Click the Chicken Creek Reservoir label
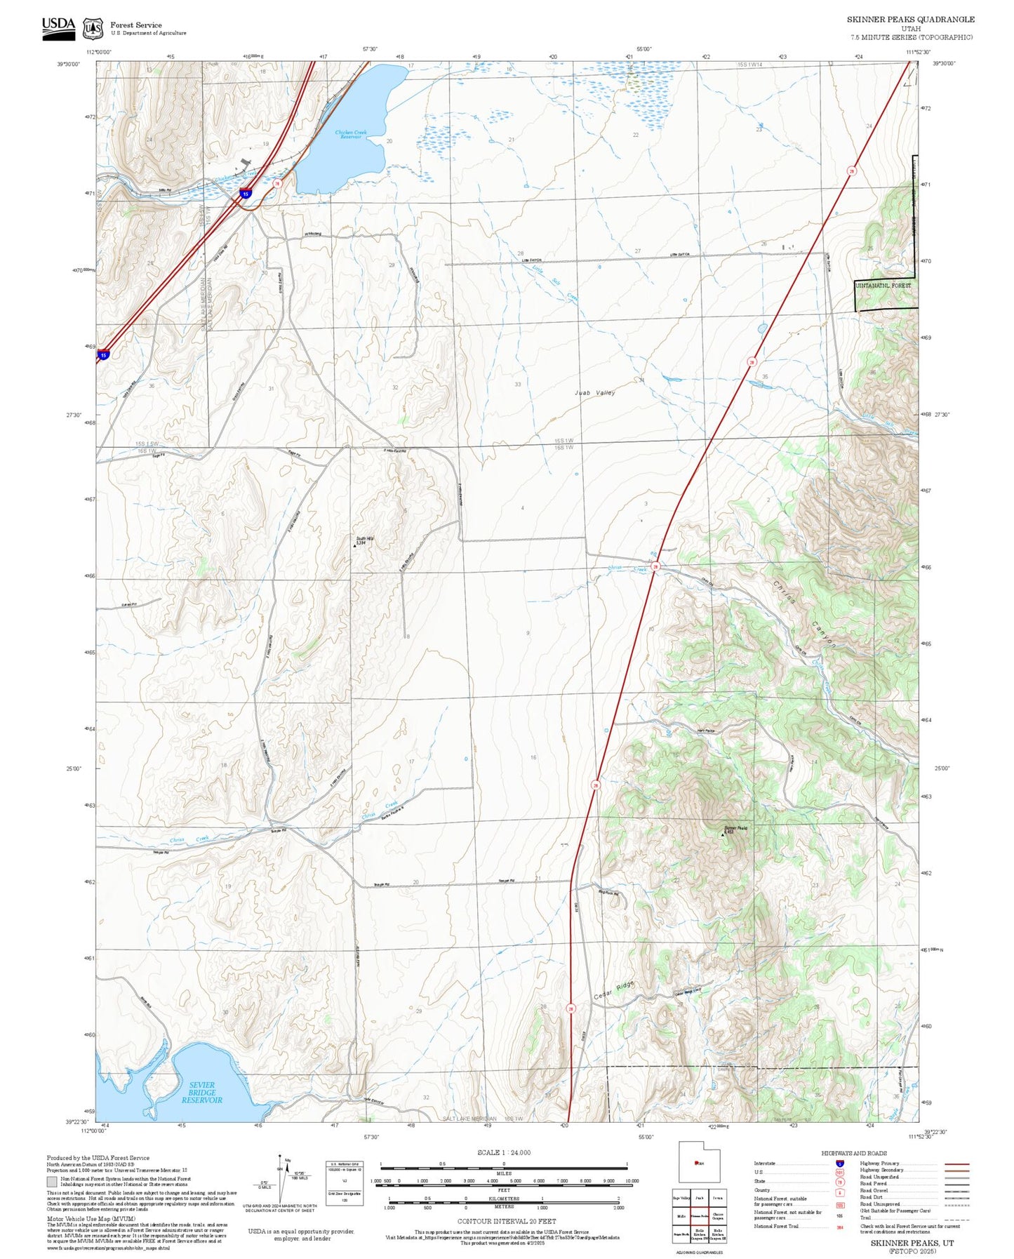[350, 135]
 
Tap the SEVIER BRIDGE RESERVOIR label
[202, 1093]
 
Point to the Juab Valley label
[594, 393]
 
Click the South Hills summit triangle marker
[354, 545]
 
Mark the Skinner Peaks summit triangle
[723, 835]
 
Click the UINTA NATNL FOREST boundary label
[883, 286]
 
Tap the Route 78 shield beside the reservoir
[277, 184]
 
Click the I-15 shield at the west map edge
[103, 356]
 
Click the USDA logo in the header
[58, 27]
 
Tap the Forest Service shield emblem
[93, 29]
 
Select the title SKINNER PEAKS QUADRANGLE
[910, 20]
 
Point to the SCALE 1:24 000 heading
[503, 1152]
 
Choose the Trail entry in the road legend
[866, 1218]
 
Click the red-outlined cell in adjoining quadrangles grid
[698, 1216]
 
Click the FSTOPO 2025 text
[912, 1251]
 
